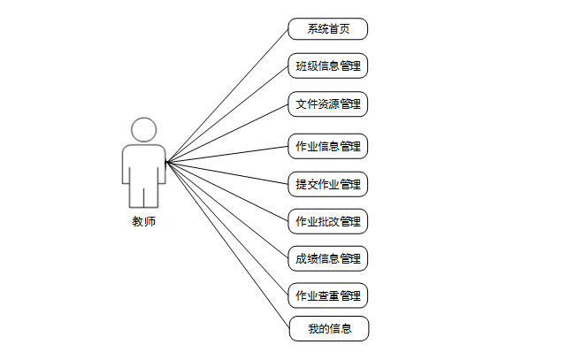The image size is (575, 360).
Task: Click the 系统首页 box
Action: pyautogui.click(x=327, y=29)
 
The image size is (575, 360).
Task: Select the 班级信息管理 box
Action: pyautogui.click(x=327, y=66)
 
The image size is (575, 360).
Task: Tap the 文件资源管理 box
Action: pyautogui.click(x=327, y=104)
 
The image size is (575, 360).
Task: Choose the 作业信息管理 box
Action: pyautogui.click(x=327, y=146)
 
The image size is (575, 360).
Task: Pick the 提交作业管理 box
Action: pyautogui.click(x=327, y=184)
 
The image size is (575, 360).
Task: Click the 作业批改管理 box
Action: pyautogui.click(x=327, y=220)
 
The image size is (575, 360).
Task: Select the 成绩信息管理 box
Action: pyautogui.click(x=327, y=258)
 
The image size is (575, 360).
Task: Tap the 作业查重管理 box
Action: pyautogui.click(x=327, y=295)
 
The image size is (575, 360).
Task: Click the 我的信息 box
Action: pyautogui.click(x=328, y=329)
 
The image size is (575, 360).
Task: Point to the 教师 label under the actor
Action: pyautogui.click(x=143, y=222)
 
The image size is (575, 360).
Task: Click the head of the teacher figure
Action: pyautogui.click(x=143, y=130)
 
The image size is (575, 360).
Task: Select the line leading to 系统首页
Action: pyautogui.click(x=227, y=95)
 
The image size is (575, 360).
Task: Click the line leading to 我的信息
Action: pyautogui.click(x=227, y=246)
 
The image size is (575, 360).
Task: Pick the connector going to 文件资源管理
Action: pyautogui.click(x=227, y=133)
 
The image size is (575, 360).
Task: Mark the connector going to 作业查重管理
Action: pyautogui.click(x=227, y=228)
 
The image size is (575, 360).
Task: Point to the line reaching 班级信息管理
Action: pyautogui.click(x=227, y=113)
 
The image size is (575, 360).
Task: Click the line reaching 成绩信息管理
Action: pyautogui.click(x=227, y=211)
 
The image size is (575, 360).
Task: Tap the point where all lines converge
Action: pyautogui.click(x=166, y=161)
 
